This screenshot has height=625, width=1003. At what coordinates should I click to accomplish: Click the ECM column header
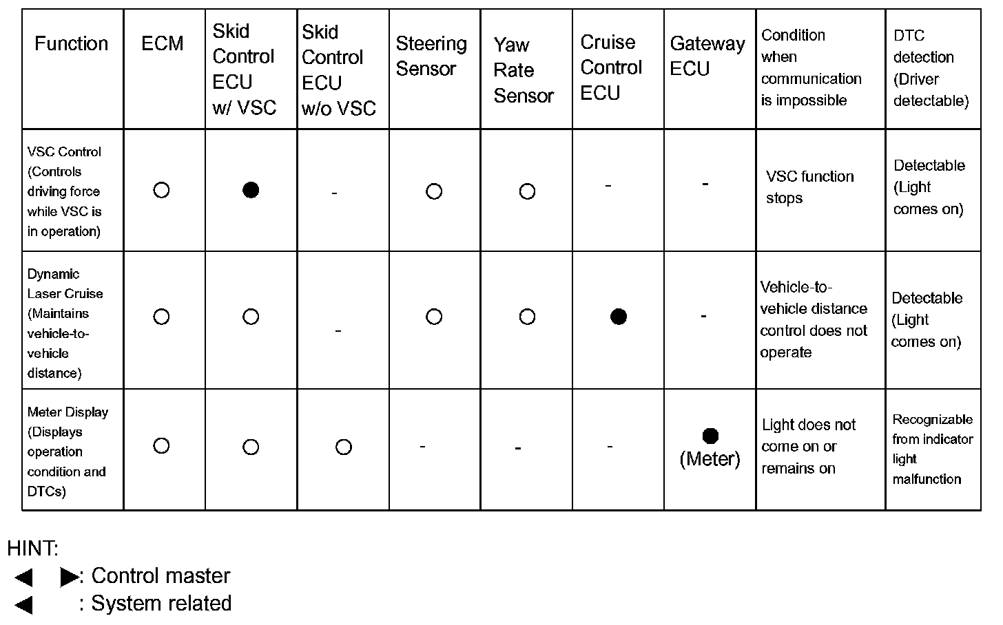point(163,44)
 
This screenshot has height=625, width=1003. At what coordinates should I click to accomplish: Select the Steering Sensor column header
point(431,56)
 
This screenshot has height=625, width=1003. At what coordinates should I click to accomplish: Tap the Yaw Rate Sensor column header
point(523,70)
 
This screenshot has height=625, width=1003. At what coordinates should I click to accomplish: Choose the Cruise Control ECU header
point(611,67)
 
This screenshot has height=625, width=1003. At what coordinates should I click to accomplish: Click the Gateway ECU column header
point(707,56)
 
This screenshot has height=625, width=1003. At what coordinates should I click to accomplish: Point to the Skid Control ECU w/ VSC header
point(244,70)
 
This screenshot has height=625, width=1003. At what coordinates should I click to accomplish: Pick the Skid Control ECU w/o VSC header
point(338,70)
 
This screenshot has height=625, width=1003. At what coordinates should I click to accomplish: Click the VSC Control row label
point(65,191)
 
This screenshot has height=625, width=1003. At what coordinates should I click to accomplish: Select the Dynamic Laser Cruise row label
point(65,324)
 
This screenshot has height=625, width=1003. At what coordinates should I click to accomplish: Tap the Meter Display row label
point(67,452)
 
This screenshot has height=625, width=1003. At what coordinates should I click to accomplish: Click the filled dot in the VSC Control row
point(251,190)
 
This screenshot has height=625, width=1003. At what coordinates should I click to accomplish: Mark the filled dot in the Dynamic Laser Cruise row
point(619,317)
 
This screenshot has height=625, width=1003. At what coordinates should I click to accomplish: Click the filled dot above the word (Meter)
point(710,436)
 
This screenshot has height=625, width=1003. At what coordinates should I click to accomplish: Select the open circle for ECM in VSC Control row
point(161,190)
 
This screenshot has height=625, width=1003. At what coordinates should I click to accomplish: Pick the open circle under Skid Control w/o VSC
point(343,447)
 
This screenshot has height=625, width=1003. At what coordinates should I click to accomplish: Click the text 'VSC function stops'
point(809,187)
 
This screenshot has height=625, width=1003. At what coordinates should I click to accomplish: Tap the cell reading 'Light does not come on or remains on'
point(809,447)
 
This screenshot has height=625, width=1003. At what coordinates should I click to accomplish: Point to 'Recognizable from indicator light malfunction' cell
point(932,449)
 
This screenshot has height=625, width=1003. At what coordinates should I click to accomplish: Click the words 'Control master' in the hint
point(161,576)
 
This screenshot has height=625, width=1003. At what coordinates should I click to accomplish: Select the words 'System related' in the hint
point(161,604)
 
